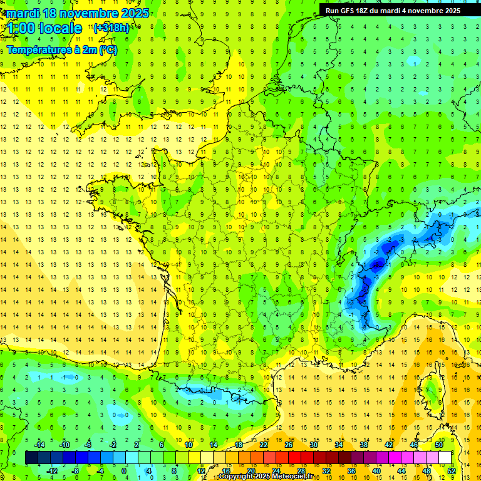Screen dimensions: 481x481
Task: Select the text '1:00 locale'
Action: point(43,28)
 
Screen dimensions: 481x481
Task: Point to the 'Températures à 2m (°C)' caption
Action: point(62,49)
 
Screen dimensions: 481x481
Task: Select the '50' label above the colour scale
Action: point(439,445)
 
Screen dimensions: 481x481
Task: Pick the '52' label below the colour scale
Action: point(451,470)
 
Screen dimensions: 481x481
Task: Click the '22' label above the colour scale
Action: point(264,445)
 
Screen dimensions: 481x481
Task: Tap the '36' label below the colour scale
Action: point(351,470)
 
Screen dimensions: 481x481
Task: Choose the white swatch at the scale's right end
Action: point(445,457)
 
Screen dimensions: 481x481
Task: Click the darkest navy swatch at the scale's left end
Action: point(31,457)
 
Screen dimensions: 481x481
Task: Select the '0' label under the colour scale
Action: point(124,470)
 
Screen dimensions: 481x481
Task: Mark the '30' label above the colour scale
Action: point(314,445)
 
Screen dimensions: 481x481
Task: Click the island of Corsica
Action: point(432,391)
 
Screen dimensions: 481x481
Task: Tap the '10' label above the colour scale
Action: point(189,445)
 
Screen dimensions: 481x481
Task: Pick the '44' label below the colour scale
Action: point(401,470)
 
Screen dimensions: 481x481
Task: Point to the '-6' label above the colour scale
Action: point(88,445)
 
